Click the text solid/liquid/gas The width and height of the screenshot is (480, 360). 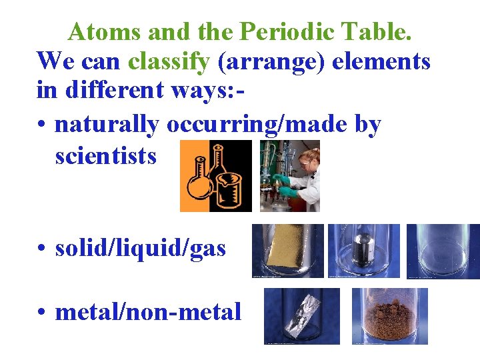pyautogui.click(x=141, y=249)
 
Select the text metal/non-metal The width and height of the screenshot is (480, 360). pyautogui.click(x=148, y=311)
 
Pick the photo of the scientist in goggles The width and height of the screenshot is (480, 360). pyautogui.click(x=289, y=176)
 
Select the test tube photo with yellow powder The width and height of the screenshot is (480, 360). pyautogui.click(x=288, y=251)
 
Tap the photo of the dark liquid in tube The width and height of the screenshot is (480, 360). pyautogui.click(x=364, y=251)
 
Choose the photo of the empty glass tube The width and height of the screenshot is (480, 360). pyautogui.click(x=442, y=251)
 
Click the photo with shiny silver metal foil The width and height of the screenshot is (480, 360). pyautogui.click(x=301, y=316)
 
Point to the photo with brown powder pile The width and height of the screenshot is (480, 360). pyautogui.click(x=389, y=316)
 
